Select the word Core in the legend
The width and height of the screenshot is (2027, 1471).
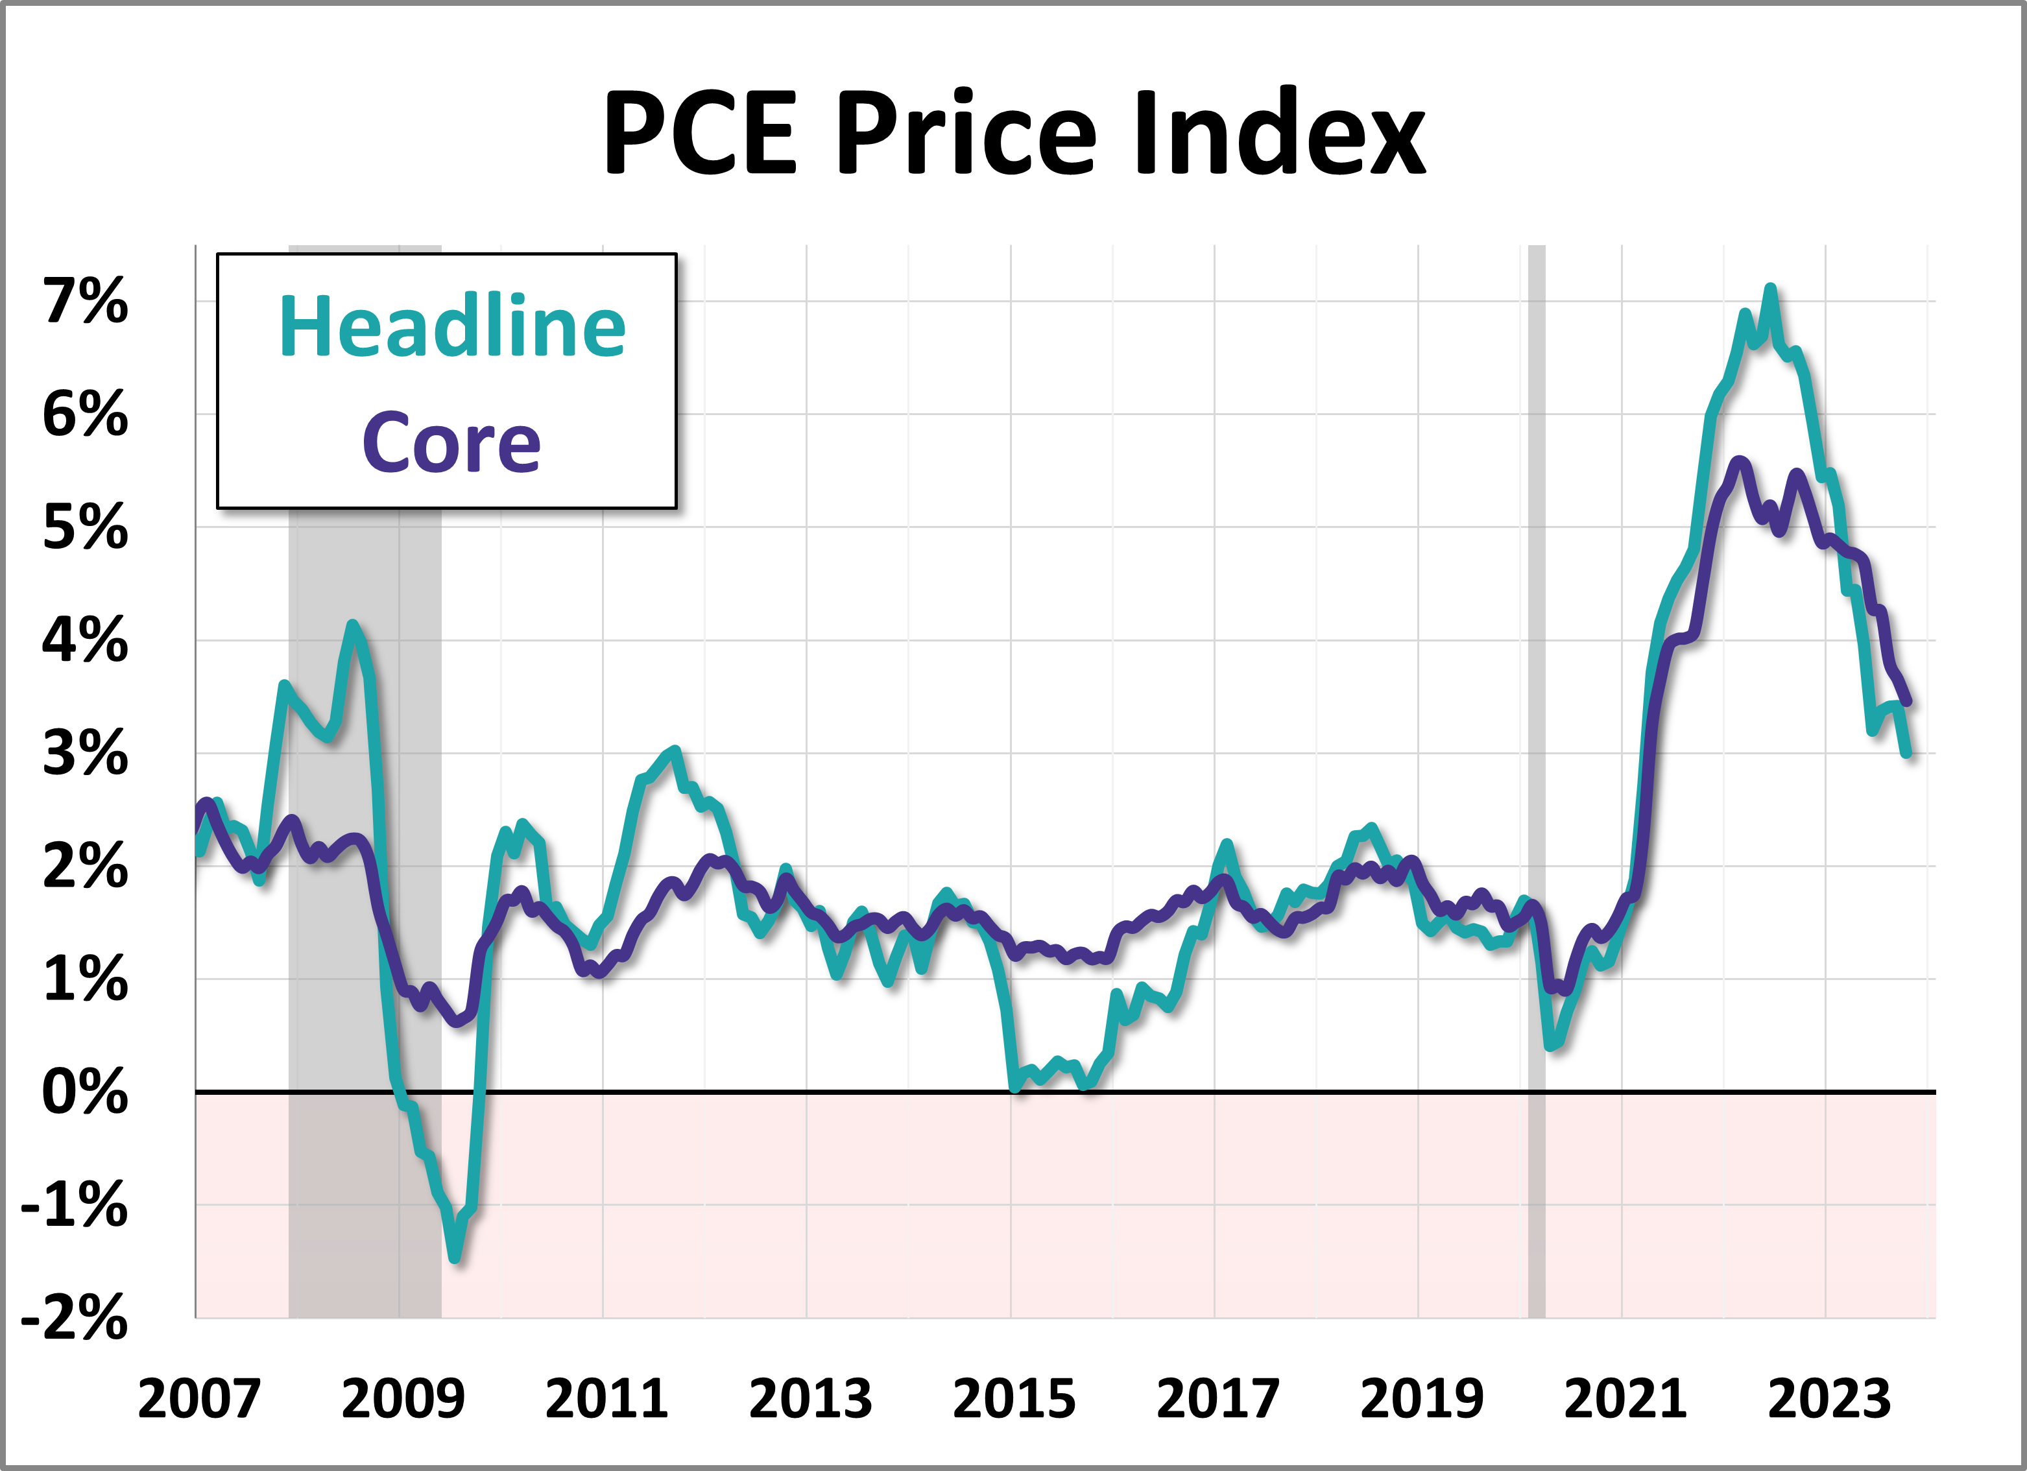(x=451, y=442)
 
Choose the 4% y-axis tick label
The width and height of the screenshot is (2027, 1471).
(x=86, y=640)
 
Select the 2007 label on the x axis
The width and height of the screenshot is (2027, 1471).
(x=198, y=1398)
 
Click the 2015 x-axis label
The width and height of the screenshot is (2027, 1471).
(x=1013, y=1398)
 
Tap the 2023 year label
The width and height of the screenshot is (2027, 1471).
(x=1829, y=1398)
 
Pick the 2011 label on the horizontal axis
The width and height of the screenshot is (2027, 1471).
(x=606, y=1398)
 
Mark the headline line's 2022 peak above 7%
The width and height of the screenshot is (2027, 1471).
(x=1769, y=289)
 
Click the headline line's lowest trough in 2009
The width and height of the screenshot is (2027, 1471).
(x=455, y=1258)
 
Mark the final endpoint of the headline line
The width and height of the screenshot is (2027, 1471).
(x=1907, y=754)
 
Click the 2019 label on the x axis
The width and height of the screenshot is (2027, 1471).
(x=1421, y=1398)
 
